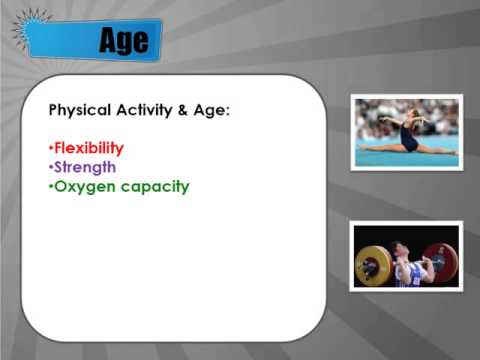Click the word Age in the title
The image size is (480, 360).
pos(124,40)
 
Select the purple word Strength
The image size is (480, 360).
pos(85,167)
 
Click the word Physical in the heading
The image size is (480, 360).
pos(81,110)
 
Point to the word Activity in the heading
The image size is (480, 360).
pos(151,110)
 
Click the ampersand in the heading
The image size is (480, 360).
pos(192,110)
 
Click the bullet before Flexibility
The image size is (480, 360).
pos(51,149)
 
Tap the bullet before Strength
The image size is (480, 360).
pos(51,168)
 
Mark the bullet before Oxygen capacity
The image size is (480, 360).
pos(51,186)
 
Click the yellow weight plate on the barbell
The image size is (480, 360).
pos(371,264)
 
